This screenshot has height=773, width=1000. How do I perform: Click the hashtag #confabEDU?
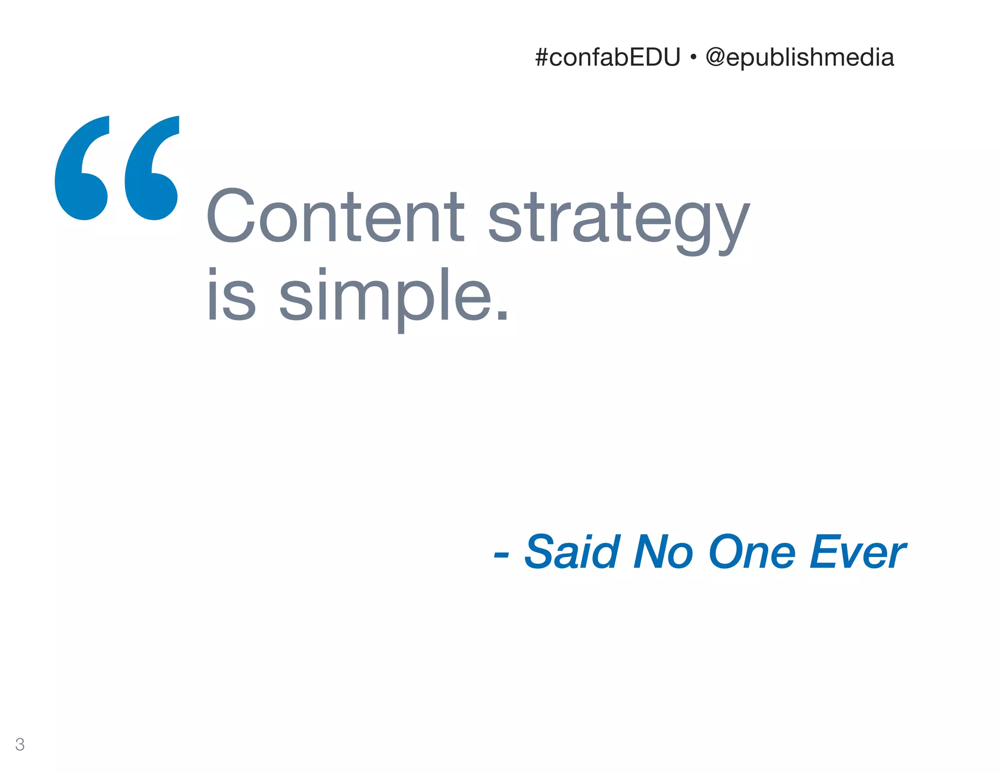607,58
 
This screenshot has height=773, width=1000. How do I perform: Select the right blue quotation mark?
152,168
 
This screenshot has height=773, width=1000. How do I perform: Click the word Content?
335,216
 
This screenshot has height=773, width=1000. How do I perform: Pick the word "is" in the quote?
231,296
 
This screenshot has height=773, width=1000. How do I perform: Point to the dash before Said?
501,554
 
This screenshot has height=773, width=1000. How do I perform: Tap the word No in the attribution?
663,552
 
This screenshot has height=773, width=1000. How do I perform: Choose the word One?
752,552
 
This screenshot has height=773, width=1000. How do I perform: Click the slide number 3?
20,744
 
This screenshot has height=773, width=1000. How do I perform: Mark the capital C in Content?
230,216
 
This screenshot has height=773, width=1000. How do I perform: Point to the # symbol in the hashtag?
542,58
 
